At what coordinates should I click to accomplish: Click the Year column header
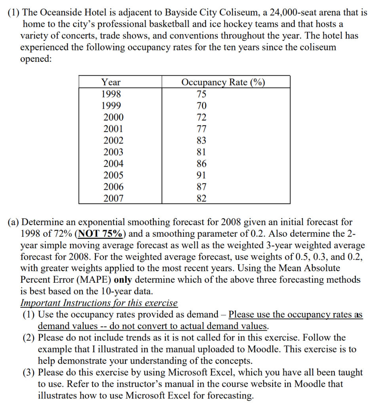[x=111, y=82]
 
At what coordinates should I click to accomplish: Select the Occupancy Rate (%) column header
[x=223, y=82]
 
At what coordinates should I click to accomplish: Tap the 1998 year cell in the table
[x=111, y=94]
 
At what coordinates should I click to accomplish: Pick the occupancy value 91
[x=201, y=175]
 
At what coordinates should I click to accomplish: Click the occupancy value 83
[x=201, y=140]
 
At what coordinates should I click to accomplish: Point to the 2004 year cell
[x=113, y=164]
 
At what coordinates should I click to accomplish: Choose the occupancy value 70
[x=201, y=106]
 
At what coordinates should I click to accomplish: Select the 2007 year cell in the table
[x=113, y=198]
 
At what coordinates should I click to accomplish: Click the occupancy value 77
[x=201, y=129]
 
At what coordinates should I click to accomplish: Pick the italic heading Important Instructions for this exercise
[x=99, y=303]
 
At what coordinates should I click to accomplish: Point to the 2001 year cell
[x=113, y=129]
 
